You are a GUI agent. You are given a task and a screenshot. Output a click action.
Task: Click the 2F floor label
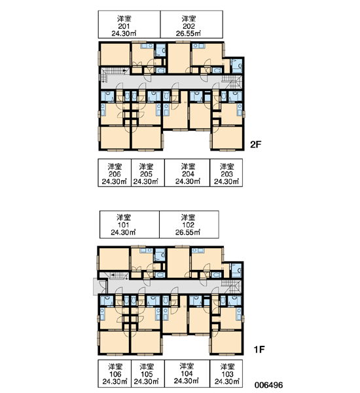(x=255, y=144)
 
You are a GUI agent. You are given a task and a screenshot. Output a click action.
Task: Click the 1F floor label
(x=259, y=349)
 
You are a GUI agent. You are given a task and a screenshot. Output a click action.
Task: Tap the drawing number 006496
(x=269, y=384)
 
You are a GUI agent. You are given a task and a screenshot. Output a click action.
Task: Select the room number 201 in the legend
(x=124, y=26)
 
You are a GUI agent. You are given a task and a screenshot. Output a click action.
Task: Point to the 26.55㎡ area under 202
(x=188, y=33)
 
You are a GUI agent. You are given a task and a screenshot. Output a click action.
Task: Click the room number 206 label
(x=115, y=174)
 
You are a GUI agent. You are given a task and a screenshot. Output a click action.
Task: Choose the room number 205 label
(x=146, y=174)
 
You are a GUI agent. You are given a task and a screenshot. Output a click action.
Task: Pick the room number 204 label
(x=188, y=174)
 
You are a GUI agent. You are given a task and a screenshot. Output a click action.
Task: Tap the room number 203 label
(x=226, y=174)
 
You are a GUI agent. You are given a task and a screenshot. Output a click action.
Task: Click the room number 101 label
(x=123, y=225)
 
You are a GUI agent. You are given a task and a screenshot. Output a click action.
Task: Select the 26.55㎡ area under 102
(x=188, y=233)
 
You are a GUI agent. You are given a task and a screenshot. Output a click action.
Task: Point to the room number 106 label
(x=115, y=374)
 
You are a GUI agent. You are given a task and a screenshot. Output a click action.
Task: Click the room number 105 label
(x=147, y=374)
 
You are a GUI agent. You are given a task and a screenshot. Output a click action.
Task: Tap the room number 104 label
(x=187, y=373)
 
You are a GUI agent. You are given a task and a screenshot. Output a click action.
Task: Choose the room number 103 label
(x=227, y=374)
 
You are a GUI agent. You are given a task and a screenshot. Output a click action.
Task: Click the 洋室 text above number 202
(x=189, y=19)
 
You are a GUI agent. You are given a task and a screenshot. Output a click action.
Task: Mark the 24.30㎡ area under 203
(x=226, y=181)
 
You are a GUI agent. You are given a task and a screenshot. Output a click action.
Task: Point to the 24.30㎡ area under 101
(x=123, y=233)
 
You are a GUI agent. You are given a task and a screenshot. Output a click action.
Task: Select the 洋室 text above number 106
(x=115, y=367)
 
